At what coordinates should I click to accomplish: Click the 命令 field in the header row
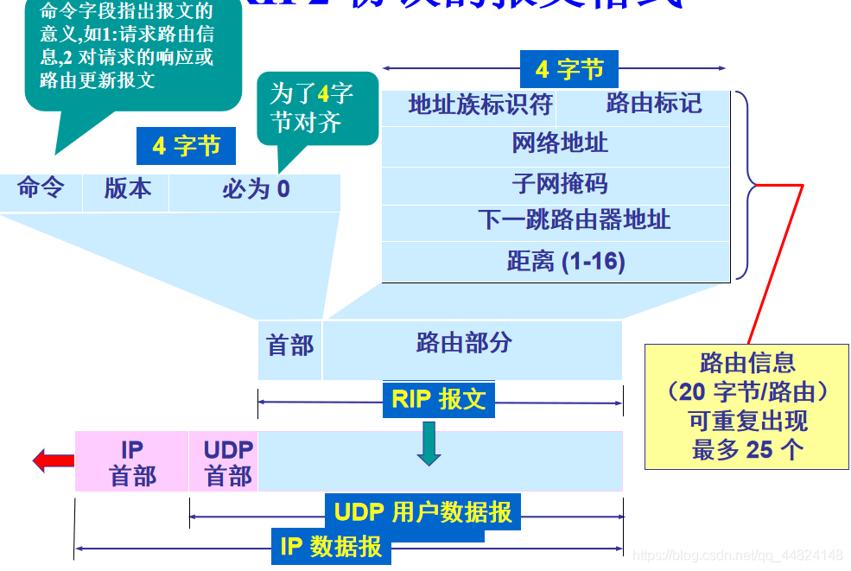click(x=41, y=189)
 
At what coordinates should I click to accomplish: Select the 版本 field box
click(x=127, y=189)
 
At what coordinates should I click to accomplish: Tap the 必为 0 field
click(x=256, y=189)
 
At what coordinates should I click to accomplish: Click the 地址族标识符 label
click(x=479, y=105)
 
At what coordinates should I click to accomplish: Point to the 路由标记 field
click(x=653, y=104)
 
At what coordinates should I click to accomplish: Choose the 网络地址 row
click(x=559, y=143)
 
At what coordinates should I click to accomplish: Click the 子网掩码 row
click(x=559, y=183)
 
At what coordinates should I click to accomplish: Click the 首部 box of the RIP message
click(x=290, y=346)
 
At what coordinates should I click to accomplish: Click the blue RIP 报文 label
click(x=439, y=399)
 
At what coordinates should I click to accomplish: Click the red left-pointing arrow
click(x=54, y=460)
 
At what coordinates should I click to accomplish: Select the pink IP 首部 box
click(x=132, y=462)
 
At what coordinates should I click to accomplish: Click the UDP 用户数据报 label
click(x=422, y=512)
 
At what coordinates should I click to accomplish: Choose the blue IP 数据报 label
click(x=331, y=547)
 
